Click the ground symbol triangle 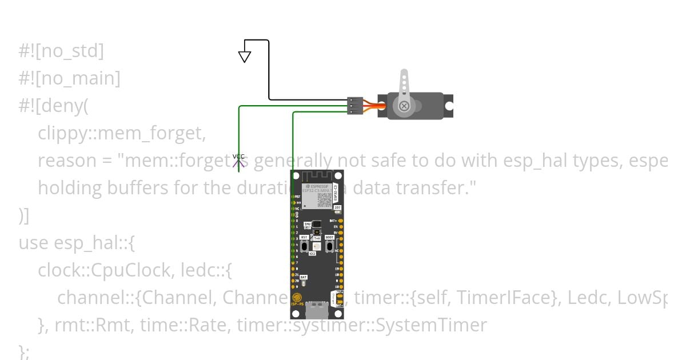tap(245, 57)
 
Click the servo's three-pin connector tap(355, 106)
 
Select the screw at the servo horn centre tap(404, 106)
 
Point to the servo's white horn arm tap(404, 86)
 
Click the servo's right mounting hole tap(449, 106)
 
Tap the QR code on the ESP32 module tap(324, 199)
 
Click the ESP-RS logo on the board tap(297, 300)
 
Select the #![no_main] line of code tap(69, 79)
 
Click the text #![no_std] tap(61, 51)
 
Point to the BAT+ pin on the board tap(341, 221)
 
